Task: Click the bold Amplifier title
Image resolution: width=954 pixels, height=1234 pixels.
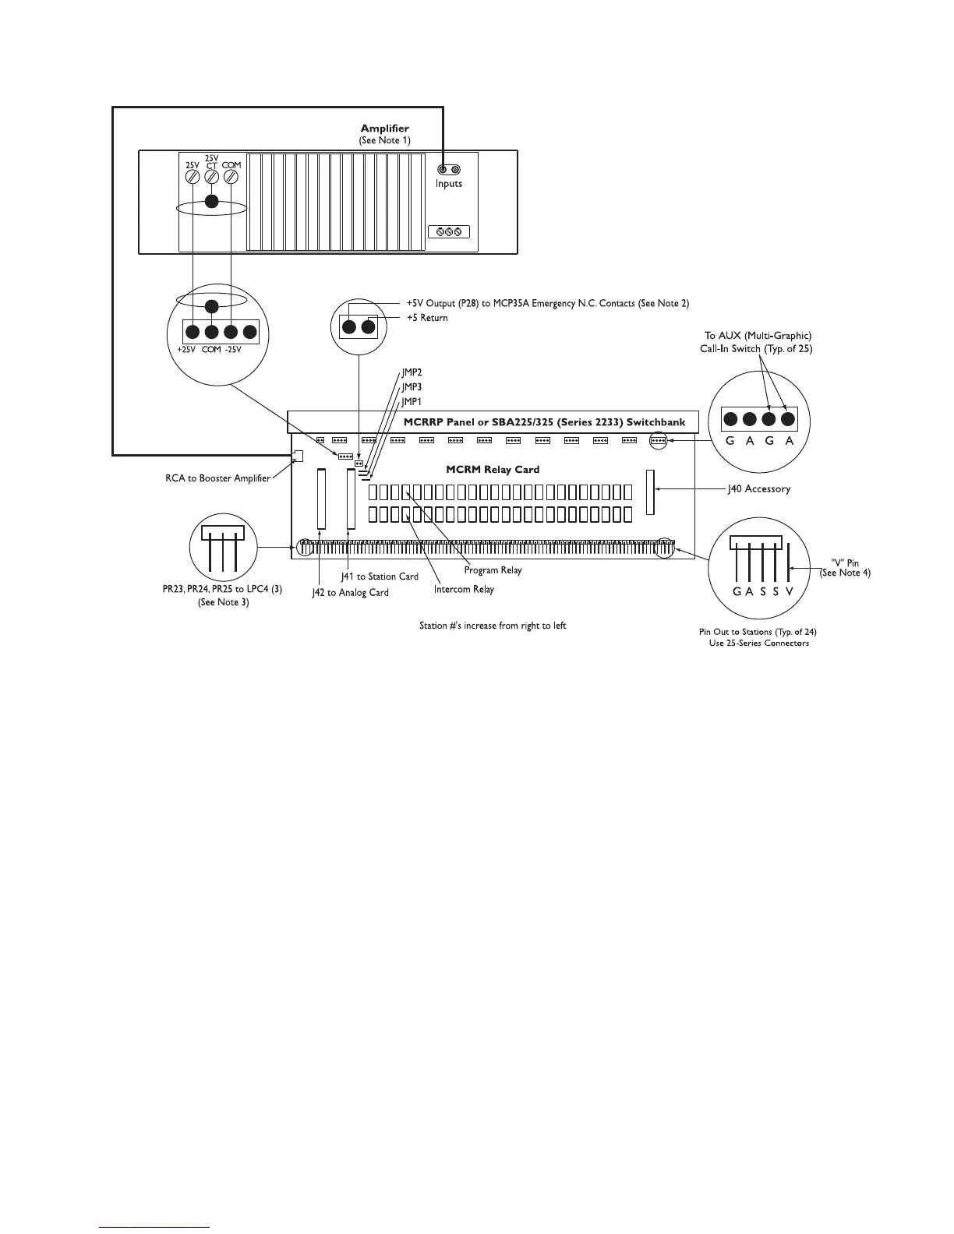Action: (384, 129)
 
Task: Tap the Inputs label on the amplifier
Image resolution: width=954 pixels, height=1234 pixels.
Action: (449, 184)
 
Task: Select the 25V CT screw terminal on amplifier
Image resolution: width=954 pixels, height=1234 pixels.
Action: (211, 178)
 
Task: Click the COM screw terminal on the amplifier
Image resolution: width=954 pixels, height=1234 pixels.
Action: (231, 178)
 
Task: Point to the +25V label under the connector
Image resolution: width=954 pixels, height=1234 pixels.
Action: (187, 350)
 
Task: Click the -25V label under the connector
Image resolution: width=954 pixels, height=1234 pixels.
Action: (232, 350)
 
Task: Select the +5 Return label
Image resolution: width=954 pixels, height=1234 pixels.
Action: (427, 318)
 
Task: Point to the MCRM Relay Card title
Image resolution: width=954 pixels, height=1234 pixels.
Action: (493, 470)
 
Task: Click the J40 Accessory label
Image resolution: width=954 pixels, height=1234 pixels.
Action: (758, 489)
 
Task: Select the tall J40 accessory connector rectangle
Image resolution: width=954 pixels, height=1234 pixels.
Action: (650, 492)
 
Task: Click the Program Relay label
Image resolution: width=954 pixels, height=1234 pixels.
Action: (493, 570)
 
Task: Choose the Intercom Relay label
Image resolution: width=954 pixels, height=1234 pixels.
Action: (464, 589)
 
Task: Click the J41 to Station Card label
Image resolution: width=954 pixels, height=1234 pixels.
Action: (380, 576)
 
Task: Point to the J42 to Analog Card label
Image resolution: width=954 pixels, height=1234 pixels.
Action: (350, 593)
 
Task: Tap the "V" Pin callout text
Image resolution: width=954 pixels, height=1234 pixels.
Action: (845, 562)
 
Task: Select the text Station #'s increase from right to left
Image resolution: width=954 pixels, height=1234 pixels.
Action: (493, 626)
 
